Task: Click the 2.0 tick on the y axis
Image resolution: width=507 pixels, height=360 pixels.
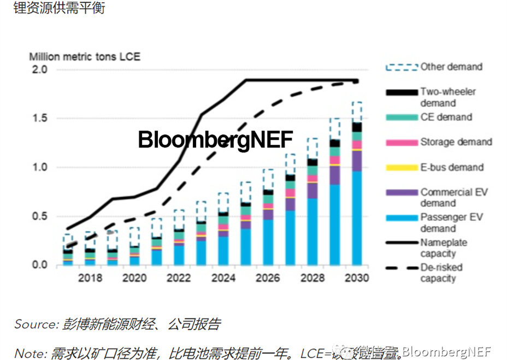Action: tap(40, 70)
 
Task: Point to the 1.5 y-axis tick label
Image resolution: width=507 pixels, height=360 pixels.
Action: tap(40, 119)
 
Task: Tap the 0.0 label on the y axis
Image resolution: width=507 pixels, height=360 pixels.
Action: tap(40, 265)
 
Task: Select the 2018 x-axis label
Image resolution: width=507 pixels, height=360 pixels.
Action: tap(90, 278)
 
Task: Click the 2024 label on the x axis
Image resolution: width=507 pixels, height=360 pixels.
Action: tap(223, 278)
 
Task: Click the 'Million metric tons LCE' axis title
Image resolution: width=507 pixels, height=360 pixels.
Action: tap(85, 56)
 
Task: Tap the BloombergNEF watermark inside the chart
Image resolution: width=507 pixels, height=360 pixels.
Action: tap(215, 139)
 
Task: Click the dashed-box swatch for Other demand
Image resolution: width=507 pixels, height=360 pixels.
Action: tap(402, 67)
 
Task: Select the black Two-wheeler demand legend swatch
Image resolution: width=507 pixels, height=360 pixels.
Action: tap(402, 92)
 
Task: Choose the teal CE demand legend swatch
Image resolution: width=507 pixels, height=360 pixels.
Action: tap(402, 117)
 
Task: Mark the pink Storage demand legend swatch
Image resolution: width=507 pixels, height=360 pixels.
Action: tap(402, 143)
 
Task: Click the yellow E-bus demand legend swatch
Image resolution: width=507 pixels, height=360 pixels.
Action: tap(402, 168)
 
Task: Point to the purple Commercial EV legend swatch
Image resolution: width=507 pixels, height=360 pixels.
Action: tap(402, 193)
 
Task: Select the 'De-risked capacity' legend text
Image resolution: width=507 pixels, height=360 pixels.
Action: tap(441, 273)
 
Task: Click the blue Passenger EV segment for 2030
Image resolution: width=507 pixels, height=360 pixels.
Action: tap(357, 219)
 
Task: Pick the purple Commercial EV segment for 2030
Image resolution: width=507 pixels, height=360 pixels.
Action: tap(357, 161)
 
